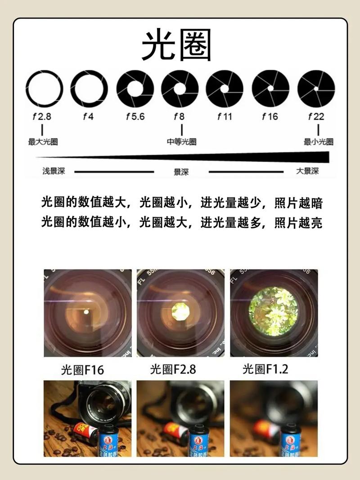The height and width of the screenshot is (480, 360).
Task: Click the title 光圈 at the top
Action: pos(176,45)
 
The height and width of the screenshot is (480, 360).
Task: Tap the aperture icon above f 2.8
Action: pos(44,89)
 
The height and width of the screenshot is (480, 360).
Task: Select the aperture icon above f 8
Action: pos(180,89)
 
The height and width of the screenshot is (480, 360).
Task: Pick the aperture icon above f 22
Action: pos(316,89)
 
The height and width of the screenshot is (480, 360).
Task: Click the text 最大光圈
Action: pos(43,142)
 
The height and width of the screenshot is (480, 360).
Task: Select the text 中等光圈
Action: pos(181,142)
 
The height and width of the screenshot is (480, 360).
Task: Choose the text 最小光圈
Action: pos(318,142)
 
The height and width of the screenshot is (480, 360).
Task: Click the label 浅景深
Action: pos(54,171)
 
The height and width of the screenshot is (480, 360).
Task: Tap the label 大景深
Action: pos(307,171)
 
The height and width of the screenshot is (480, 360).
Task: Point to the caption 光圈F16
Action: pos(82,370)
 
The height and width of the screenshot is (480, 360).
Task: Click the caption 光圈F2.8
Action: pos(173,370)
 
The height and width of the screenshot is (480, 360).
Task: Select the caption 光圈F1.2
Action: pos(265,370)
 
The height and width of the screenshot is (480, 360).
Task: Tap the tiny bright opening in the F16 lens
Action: pos(86,311)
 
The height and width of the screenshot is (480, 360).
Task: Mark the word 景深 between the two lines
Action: pos(181,172)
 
